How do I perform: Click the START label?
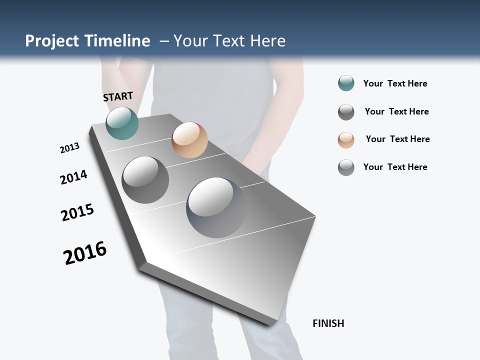pos(118,96)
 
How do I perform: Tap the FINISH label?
pos(328,323)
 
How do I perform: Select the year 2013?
pos(69,148)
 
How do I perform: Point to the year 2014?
pos(73,177)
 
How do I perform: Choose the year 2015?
pos(77,212)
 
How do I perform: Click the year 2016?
pos(85,253)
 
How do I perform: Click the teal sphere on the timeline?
pos(122,123)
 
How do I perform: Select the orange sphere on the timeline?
pos(189,140)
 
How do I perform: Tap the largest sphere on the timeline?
pos(216,207)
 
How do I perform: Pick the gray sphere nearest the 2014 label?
pos(145,180)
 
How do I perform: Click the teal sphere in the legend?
pos(346,83)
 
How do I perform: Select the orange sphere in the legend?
pos(346,140)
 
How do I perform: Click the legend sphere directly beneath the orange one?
pos(346,167)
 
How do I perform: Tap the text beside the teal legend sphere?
pos(395,84)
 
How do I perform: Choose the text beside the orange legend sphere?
pos(397,139)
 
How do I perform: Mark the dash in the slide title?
pos(164,41)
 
